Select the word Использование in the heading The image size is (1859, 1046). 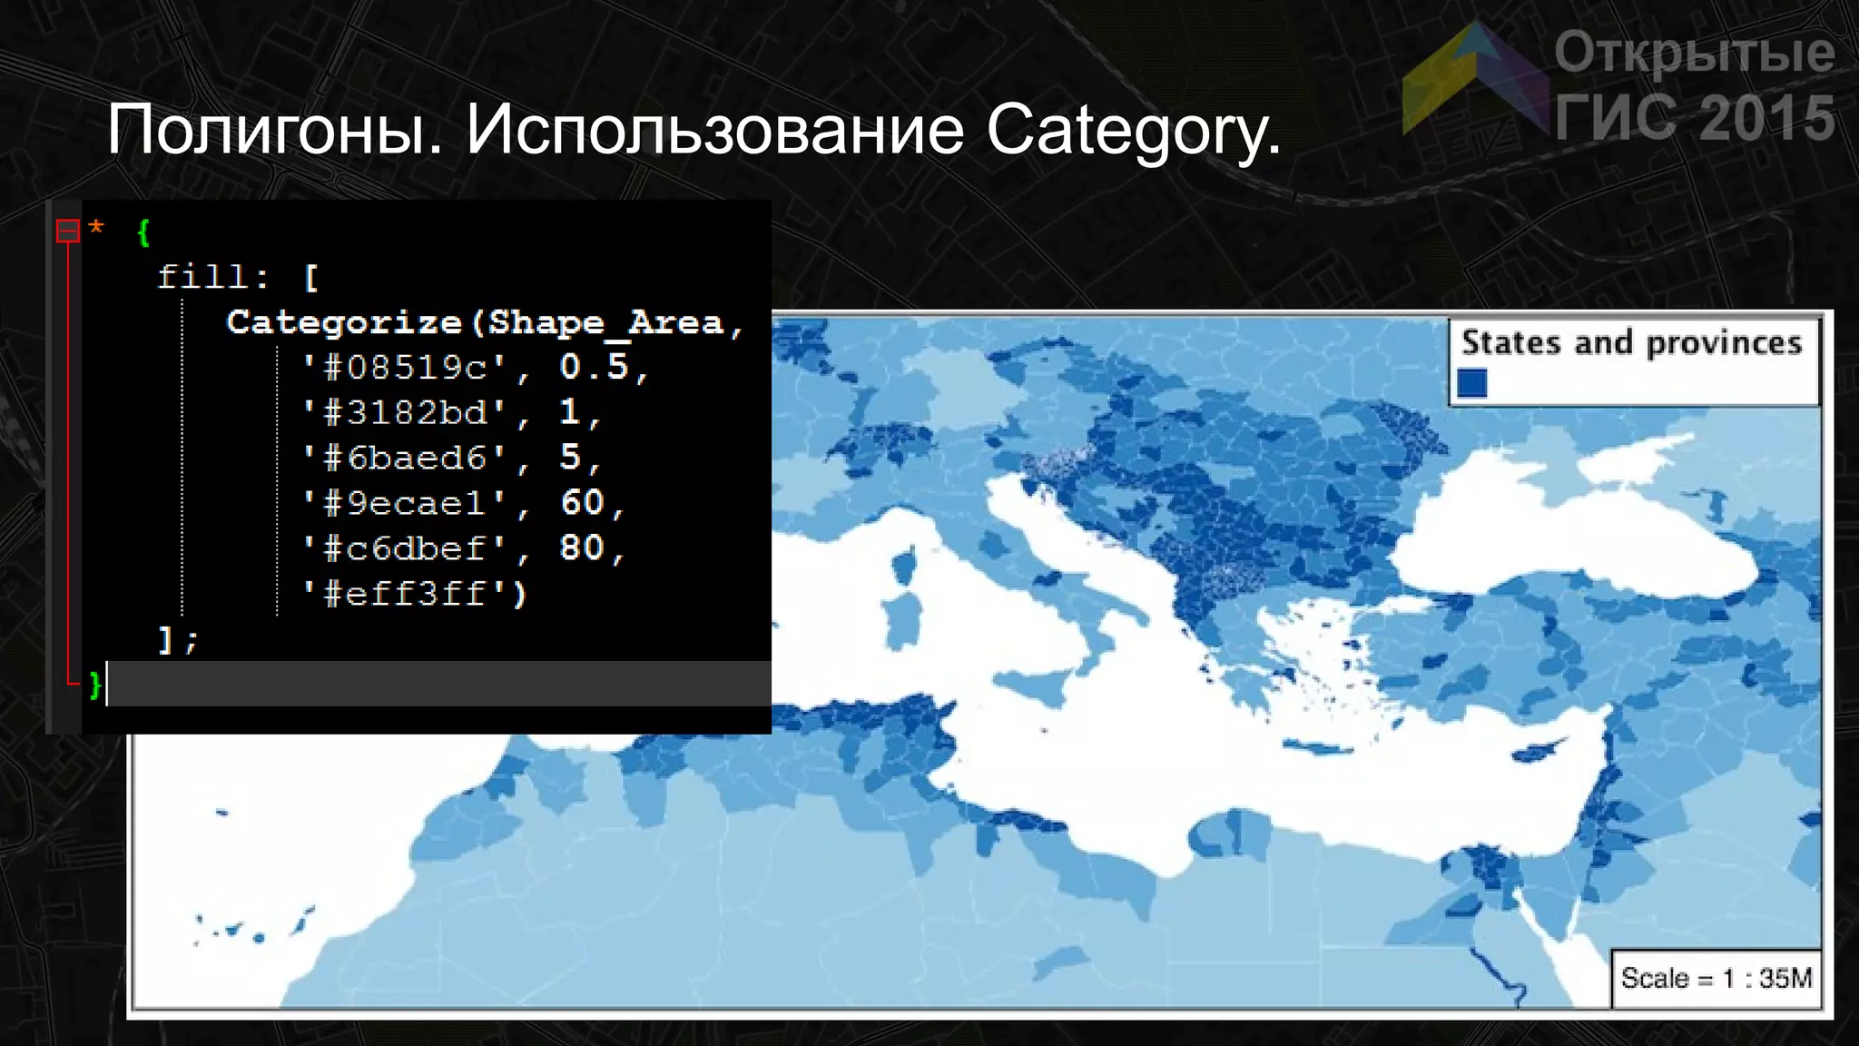(x=714, y=130)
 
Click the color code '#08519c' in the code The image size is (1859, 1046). (x=405, y=368)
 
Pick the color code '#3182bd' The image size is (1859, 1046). (x=405, y=413)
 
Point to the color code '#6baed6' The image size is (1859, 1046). (x=405, y=459)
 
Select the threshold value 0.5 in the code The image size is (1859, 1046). (x=594, y=367)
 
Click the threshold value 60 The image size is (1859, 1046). (x=582, y=503)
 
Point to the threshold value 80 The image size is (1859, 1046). (x=582, y=548)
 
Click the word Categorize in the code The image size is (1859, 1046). (x=344, y=322)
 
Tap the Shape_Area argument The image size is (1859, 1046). (x=605, y=322)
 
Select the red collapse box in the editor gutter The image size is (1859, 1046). (x=68, y=231)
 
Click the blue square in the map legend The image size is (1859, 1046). (x=1472, y=383)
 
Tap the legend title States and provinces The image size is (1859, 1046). (x=1631, y=343)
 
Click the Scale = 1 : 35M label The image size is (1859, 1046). (x=1716, y=978)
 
